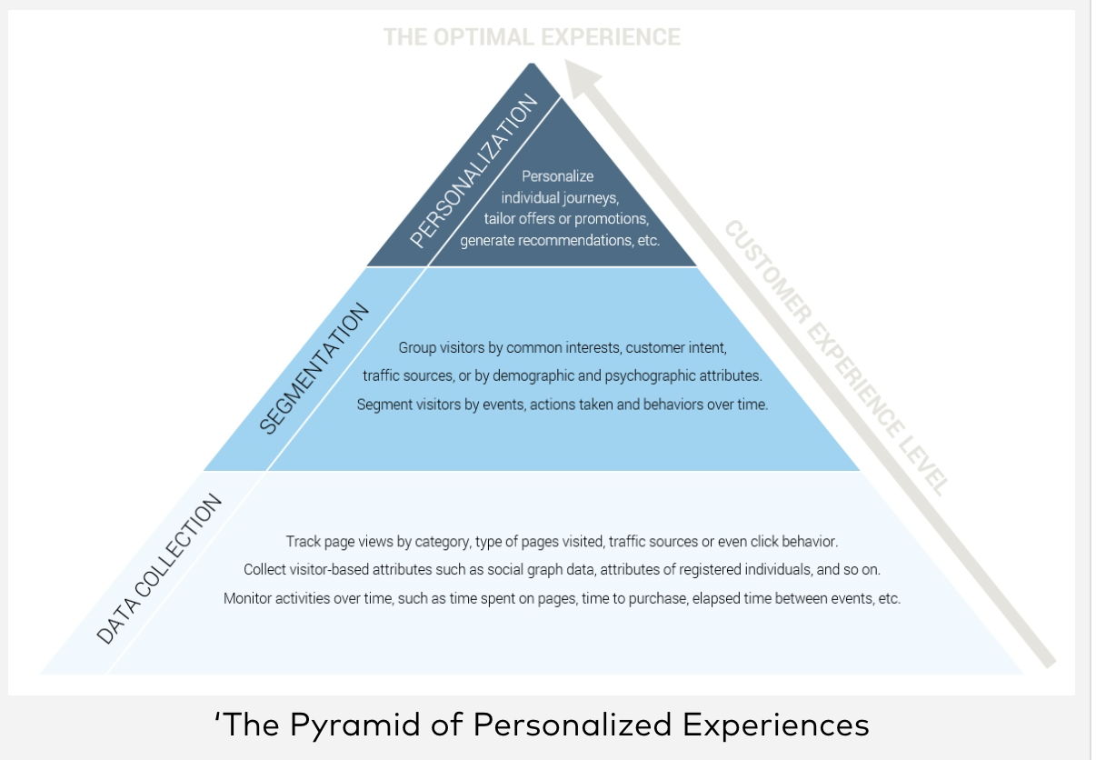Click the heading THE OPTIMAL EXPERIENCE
pos(532,37)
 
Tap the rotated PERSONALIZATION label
pos(474,171)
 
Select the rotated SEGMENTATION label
pos(314,368)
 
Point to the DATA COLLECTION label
pos(159,569)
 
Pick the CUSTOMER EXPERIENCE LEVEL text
pos(836,357)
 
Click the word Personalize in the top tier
pos(557,176)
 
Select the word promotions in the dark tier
pos(613,219)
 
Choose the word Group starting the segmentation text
pos(416,348)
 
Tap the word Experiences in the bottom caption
pos(775,725)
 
